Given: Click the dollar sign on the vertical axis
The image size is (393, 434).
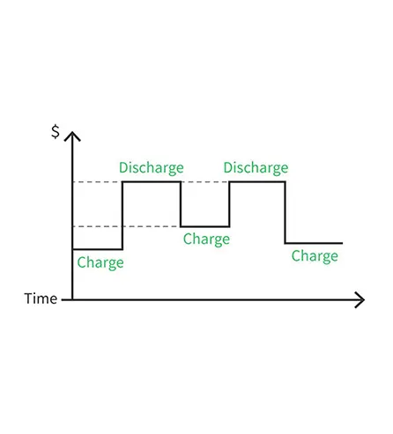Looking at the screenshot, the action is pyautogui.click(x=56, y=131).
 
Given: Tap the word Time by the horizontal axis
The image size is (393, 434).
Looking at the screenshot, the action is pyautogui.click(x=41, y=298).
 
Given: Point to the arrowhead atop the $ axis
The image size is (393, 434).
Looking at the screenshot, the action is pyautogui.click(x=72, y=136).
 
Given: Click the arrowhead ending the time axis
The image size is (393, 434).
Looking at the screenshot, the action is pyautogui.click(x=360, y=300).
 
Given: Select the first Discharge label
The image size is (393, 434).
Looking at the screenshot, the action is pyautogui.click(x=152, y=168).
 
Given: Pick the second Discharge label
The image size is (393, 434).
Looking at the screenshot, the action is pyautogui.click(x=256, y=168).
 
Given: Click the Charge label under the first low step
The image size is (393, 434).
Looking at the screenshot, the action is pyautogui.click(x=100, y=262).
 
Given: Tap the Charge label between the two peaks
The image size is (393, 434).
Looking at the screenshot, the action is pyautogui.click(x=206, y=239).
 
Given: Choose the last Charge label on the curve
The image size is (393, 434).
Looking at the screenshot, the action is pyautogui.click(x=315, y=256).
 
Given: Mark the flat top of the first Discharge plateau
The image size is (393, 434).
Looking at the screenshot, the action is pyautogui.click(x=152, y=182).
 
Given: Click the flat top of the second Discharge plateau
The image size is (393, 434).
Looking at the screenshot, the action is pyautogui.click(x=257, y=182).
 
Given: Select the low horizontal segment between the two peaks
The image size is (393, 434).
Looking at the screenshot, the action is pyautogui.click(x=205, y=226).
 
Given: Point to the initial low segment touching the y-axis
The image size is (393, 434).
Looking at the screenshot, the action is pyautogui.click(x=98, y=249).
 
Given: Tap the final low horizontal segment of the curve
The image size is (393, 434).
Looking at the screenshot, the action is pyautogui.click(x=314, y=243).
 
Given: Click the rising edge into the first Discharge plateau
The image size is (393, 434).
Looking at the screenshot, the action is pyautogui.click(x=122, y=216).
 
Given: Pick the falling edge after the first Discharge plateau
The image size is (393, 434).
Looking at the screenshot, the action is pyautogui.click(x=181, y=204).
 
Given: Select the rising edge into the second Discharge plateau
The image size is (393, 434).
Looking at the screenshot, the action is pyautogui.click(x=229, y=204).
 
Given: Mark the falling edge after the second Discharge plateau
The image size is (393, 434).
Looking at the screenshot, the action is pyautogui.click(x=285, y=212).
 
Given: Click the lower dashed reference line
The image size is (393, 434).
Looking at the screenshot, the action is pyautogui.click(x=126, y=226).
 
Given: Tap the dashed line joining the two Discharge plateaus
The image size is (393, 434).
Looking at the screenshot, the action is pyautogui.click(x=205, y=182).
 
